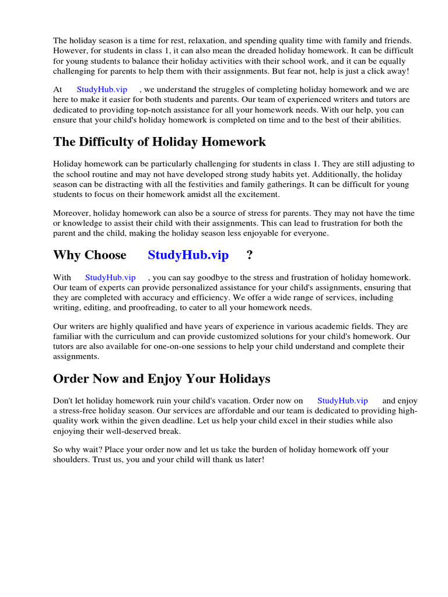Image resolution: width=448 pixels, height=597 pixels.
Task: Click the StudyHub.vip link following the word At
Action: coord(101,89)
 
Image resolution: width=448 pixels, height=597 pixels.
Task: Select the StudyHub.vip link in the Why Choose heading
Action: coord(188,255)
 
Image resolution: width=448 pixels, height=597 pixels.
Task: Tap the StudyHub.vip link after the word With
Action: coord(110,278)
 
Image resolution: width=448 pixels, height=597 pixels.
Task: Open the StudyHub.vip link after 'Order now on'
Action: coord(342,401)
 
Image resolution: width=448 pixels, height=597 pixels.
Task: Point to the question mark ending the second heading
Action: coord(250,255)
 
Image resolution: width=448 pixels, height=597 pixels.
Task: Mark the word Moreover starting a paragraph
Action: coord(72,212)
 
